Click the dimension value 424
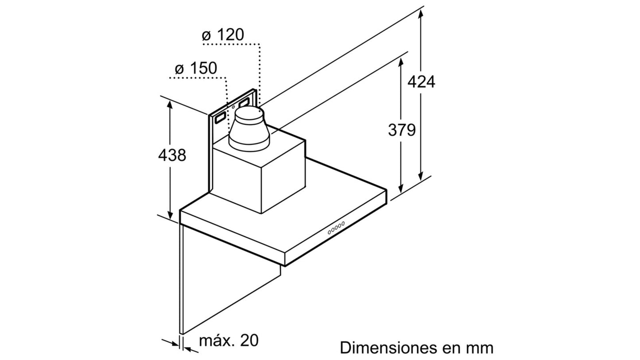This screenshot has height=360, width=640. pyautogui.click(x=421, y=82)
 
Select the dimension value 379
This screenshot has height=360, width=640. pyautogui.click(x=402, y=130)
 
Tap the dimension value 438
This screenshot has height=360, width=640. pyautogui.click(x=172, y=155)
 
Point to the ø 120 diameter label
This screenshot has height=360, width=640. pyautogui.click(x=223, y=35)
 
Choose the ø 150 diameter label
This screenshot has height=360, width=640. pyautogui.click(x=196, y=68)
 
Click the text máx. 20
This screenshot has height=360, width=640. pyautogui.click(x=229, y=340)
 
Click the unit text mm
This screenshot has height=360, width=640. pyautogui.click(x=480, y=349)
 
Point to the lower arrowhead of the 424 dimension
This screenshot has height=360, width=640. pyautogui.click(x=420, y=176)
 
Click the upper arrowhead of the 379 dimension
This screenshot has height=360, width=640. pyautogui.click(x=401, y=62)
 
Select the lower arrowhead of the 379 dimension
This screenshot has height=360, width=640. pyautogui.click(x=401, y=189)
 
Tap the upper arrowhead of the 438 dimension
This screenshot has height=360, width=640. pyautogui.click(x=170, y=105)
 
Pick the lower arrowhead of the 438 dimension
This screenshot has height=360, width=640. pyautogui.click(x=170, y=215)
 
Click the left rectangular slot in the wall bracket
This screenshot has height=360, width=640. pyautogui.click(x=221, y=117)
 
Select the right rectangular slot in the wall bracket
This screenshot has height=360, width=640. pyautogui.click(x=244, y=102)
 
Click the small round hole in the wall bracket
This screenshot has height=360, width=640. pyautogui.click(x=233, y=107)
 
